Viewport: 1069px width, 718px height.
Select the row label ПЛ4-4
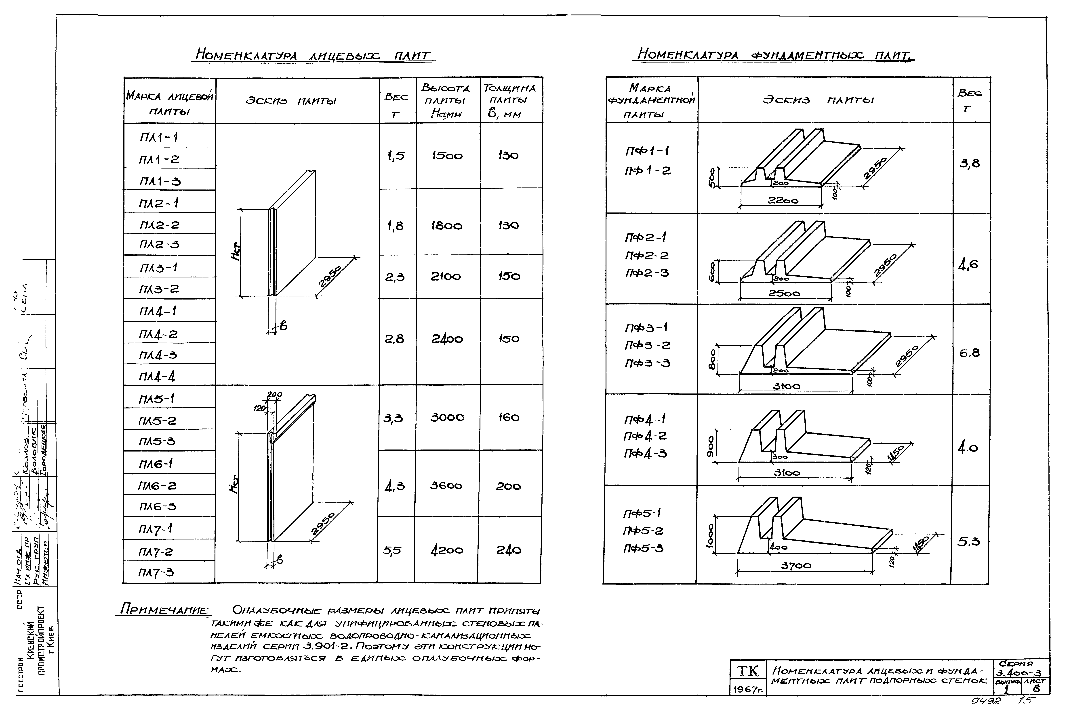[x=157, y=376]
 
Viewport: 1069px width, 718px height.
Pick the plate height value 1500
[x=447, y=156]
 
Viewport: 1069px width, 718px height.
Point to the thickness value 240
[x=509, y=550]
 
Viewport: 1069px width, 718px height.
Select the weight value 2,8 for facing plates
[x=394, y=339]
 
